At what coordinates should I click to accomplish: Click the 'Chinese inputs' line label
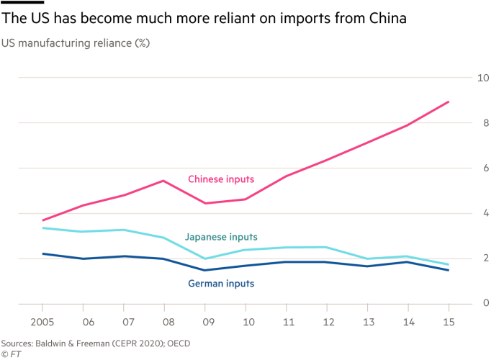220,179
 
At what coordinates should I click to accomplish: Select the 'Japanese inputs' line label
221,236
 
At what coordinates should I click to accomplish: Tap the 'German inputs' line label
221,284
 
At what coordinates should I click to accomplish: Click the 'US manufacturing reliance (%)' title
75,43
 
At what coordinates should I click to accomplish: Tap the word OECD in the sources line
176,343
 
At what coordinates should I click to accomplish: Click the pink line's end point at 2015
449,102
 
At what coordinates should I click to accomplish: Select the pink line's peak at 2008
164,180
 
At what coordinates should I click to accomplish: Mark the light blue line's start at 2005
44,228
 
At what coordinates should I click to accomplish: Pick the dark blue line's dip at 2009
205,270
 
